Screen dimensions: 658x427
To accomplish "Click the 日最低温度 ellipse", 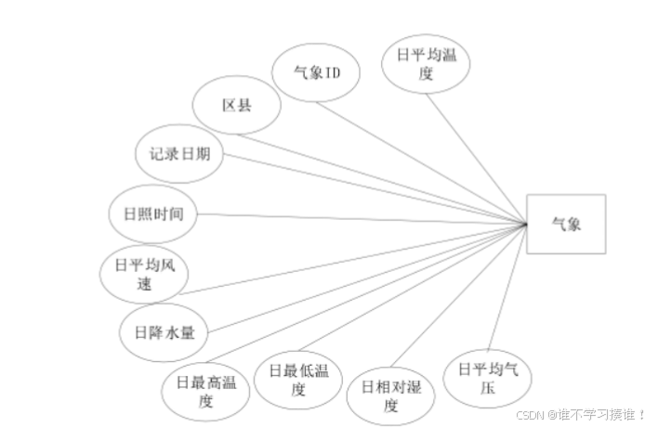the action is click(298, 380).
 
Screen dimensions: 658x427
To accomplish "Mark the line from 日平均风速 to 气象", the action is click(353, 259).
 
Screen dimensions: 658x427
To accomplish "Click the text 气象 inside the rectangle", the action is click(566, 224).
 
